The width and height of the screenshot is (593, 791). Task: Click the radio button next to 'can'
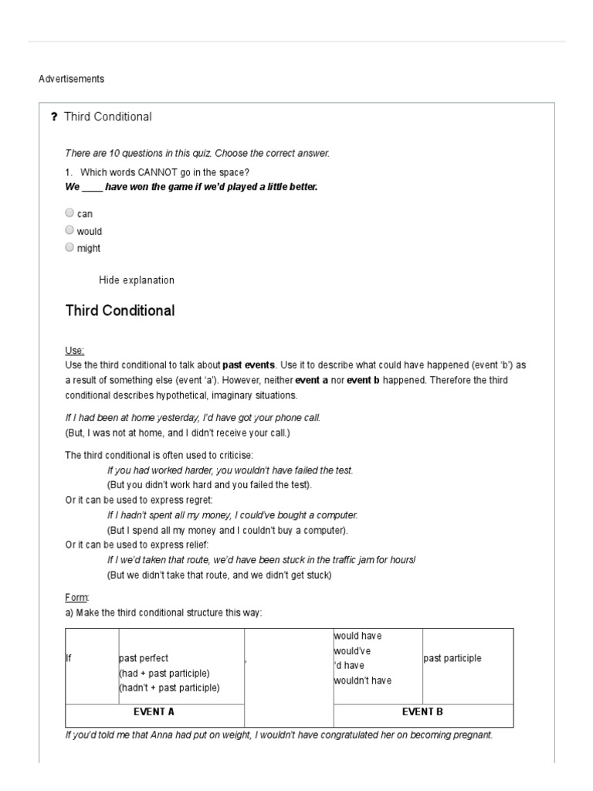coord(70,212)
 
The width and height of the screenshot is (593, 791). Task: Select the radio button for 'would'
coord(70,230)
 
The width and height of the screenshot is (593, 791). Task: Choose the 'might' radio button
coord(70,247)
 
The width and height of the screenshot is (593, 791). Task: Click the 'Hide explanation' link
coord(137,280)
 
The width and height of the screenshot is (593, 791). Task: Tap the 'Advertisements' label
coord(71,79)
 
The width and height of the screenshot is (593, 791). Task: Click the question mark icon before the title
coord(54,117)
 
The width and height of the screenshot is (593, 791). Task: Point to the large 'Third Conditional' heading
coord(120,311)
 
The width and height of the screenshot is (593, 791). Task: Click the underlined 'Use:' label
coord(75,351)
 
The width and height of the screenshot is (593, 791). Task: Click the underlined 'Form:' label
coord(77,597)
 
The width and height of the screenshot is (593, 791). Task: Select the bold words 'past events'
coord(247,365)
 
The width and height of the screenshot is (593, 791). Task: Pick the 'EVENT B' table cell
coord(422,712)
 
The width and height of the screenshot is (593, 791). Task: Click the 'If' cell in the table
coord(69,659)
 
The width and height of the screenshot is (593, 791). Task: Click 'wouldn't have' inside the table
coord(363,681)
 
